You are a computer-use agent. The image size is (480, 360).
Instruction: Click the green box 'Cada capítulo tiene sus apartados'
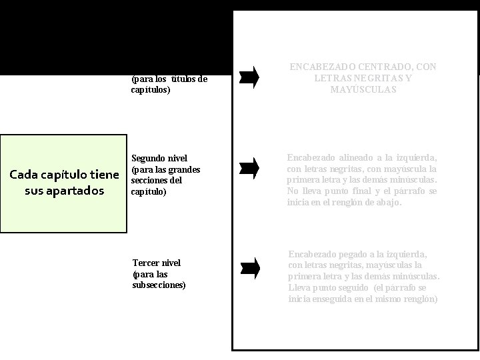point(63,183)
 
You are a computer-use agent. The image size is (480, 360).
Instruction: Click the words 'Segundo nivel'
point(155,159)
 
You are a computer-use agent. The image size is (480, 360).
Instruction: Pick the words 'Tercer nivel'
point(157,263)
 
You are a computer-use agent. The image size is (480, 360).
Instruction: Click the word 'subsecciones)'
point(159,285)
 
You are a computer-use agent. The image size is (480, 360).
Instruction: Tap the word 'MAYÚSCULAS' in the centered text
point(363,89)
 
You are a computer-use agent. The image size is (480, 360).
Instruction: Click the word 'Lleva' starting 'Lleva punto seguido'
point(299,288)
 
